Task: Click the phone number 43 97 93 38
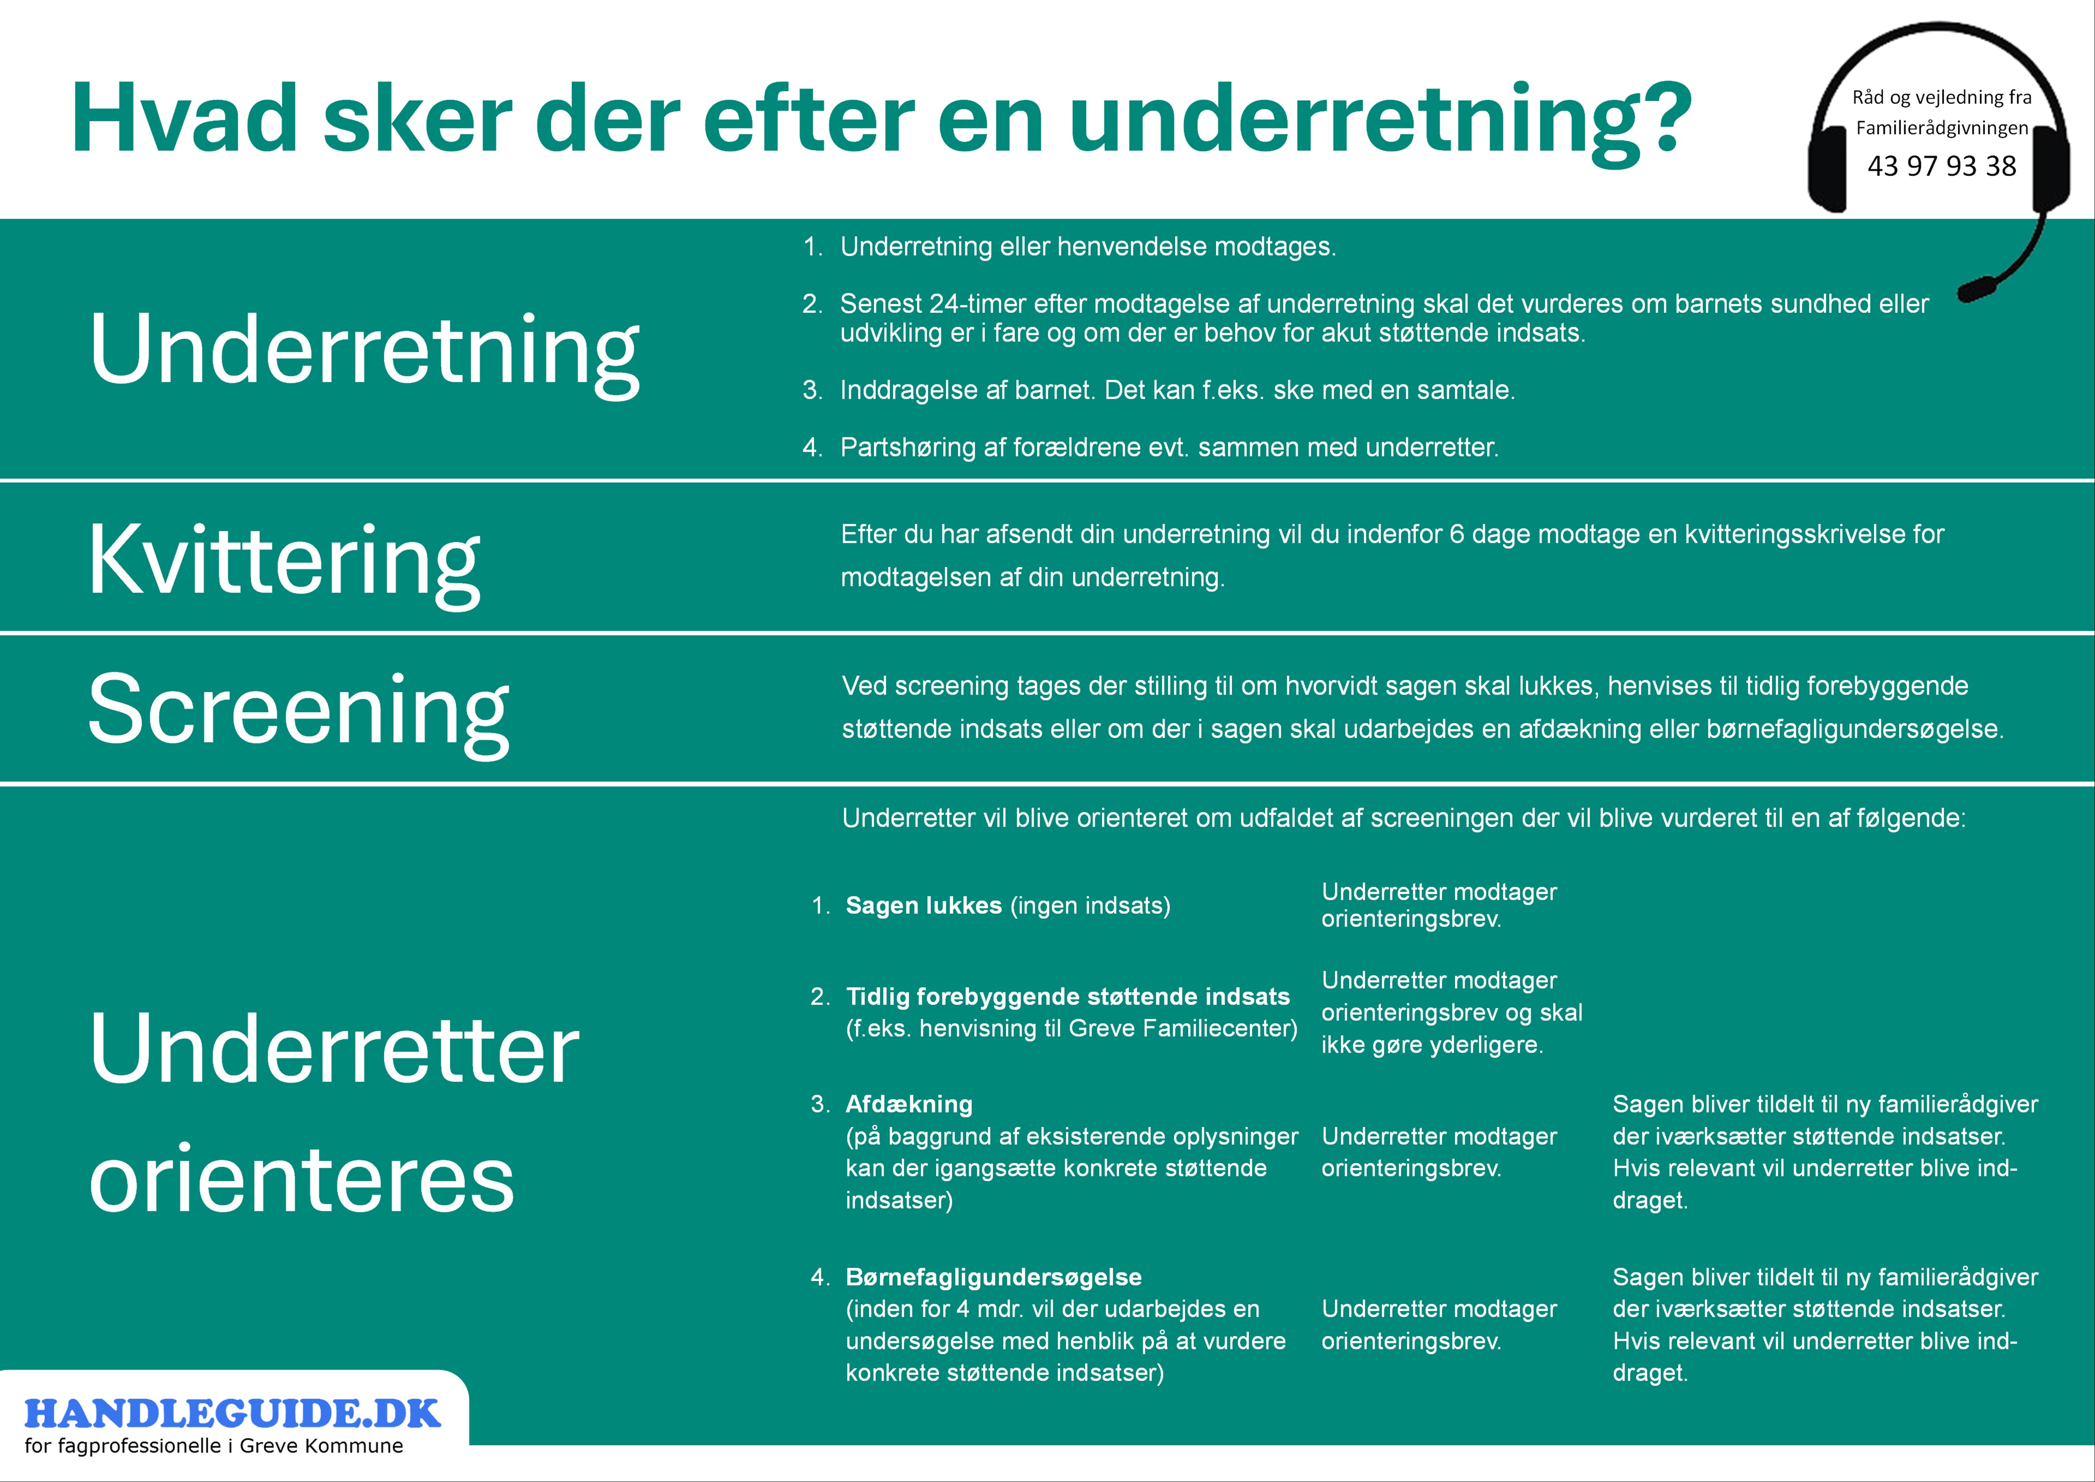(1942, 166)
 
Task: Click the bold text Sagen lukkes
(924, 905)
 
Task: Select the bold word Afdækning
(909, 1104)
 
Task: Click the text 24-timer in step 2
(978, 304)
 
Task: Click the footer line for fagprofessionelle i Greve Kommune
(214, 1447)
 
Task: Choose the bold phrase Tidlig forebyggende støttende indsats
(1068, 997)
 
